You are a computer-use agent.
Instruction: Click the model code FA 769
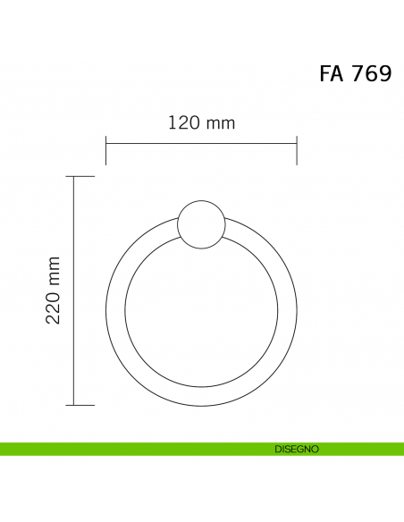[355, 73]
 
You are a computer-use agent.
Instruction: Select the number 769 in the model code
[371, 73]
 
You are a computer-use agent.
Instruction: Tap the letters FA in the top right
[332, 73]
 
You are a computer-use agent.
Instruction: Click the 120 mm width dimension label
[201, 122]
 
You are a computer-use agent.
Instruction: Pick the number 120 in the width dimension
[183, 122]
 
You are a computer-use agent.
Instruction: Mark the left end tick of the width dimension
[106, 150]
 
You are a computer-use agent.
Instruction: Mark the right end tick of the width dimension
[297, 150]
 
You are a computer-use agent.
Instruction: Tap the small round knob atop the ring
[201, 223]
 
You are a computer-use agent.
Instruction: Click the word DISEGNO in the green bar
[298, 449]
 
